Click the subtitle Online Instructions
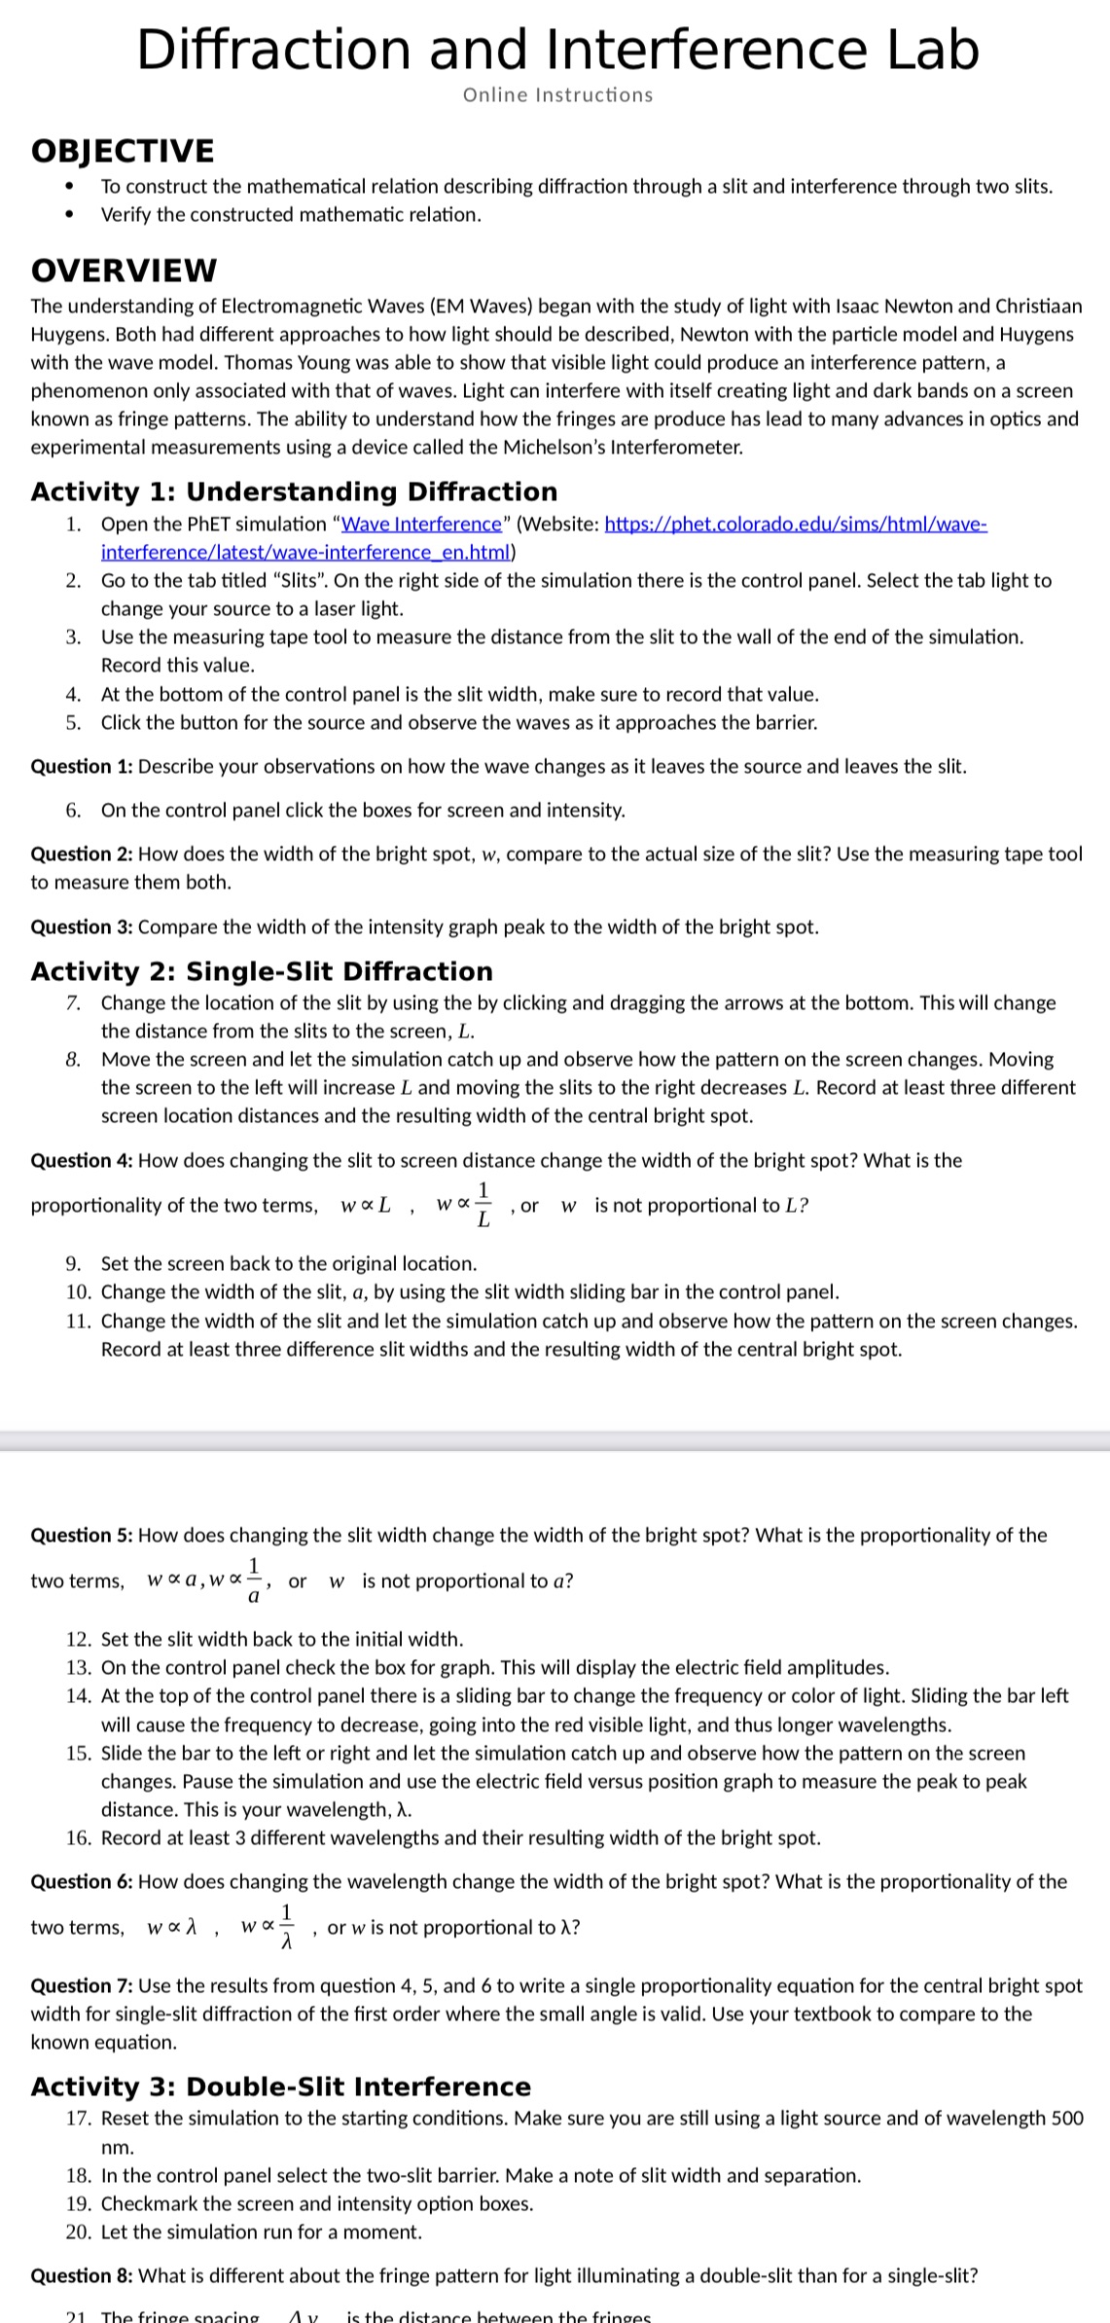point(557,95)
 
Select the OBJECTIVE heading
point(123,151)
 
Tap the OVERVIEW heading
point(124,270)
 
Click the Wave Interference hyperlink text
point(421,525)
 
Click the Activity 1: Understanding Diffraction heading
point(294,491)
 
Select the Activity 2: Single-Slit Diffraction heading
point(262,971)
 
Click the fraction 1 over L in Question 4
point(483,1205)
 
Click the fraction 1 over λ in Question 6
point(286,1928)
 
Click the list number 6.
point(73,811)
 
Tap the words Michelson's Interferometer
point(623,449)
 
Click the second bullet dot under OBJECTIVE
point(68,215)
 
